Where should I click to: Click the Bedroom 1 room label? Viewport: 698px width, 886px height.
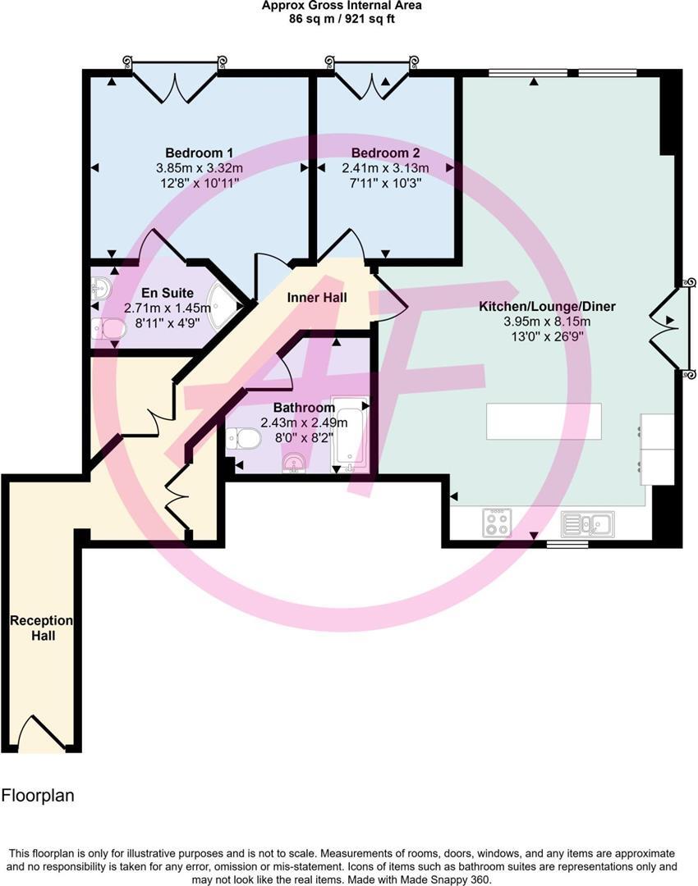(200, 153)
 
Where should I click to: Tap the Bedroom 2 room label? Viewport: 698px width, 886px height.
(385, 153)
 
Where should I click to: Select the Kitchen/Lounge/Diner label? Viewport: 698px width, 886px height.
(547, 307)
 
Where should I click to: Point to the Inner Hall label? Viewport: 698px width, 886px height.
(316, 297)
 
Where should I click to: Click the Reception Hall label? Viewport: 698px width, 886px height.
(41, 628)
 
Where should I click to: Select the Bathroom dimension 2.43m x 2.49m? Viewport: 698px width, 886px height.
(304, 422)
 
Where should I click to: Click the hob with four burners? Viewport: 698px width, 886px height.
(497, 523)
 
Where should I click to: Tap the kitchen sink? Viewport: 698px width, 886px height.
(587, 523)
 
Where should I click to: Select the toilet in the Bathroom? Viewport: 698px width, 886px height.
(245, 440)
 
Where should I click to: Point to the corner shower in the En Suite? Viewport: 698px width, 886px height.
(223, 308)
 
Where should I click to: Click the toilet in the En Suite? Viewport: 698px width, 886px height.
(108, 329)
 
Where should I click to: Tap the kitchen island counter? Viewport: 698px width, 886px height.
(544, 421)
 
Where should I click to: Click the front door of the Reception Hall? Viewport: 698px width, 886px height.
(42, 734)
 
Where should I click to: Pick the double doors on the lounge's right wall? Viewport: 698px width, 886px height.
(667, 328)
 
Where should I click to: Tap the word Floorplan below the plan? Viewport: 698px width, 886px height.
(38, 795)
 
